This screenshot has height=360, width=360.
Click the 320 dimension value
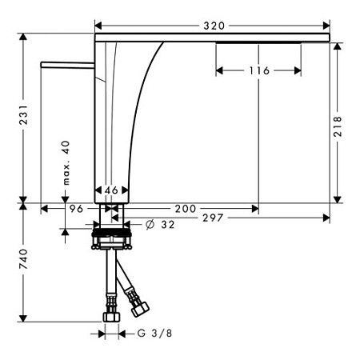214,26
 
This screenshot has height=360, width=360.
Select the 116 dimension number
259,70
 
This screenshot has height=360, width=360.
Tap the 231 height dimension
24,114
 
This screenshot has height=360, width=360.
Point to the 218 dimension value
338,126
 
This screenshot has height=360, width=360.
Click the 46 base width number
111,190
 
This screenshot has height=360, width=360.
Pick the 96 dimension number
77,209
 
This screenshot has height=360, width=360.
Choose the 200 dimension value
186,209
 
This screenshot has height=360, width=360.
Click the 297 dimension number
213,218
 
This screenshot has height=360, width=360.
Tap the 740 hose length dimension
24,258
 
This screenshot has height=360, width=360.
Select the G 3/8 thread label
154,334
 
